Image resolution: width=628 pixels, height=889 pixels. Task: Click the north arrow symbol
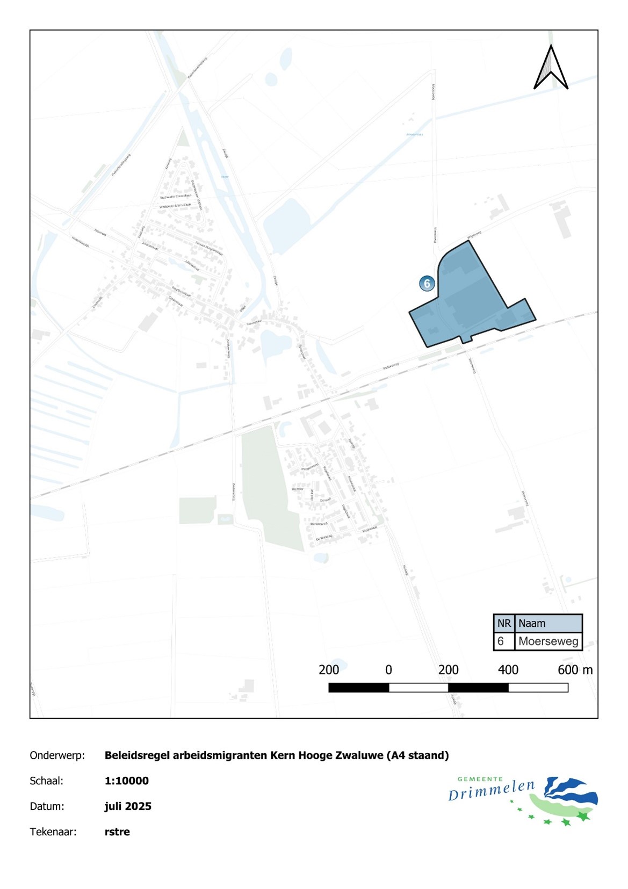point(551,68)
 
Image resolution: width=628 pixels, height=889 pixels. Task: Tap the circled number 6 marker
point(427,283)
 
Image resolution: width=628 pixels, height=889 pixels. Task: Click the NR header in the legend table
point(504,623)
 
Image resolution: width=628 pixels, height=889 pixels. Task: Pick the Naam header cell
point(548,623)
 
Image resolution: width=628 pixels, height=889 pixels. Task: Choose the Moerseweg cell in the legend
point(548,641)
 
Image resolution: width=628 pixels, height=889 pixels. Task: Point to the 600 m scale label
point(575,670)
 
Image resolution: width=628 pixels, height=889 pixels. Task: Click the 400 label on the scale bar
point(508,670)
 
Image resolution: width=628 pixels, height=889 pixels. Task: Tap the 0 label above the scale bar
point(388,670)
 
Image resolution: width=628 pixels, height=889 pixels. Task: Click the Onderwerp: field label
point(57,755)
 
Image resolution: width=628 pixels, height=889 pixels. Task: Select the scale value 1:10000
point(127,780)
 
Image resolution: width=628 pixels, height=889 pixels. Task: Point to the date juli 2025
point(128,806)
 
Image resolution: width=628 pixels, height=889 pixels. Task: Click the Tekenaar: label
point(53,832)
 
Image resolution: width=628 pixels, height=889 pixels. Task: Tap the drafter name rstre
point(117,832)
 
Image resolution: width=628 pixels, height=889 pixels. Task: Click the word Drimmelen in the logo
point(492,791)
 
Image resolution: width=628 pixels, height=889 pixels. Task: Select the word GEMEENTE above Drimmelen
point(480,778)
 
